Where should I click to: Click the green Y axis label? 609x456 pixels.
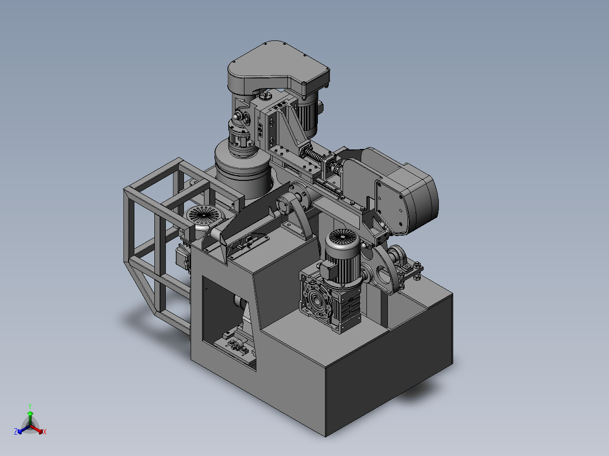[x=30, y=406]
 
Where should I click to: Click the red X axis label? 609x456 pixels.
[x=45, y=432]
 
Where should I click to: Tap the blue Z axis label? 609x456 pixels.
[x=16, y=431]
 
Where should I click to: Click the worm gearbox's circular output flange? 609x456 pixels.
[x=316, y=300]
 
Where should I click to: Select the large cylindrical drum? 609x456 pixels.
[x=243, y=169]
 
